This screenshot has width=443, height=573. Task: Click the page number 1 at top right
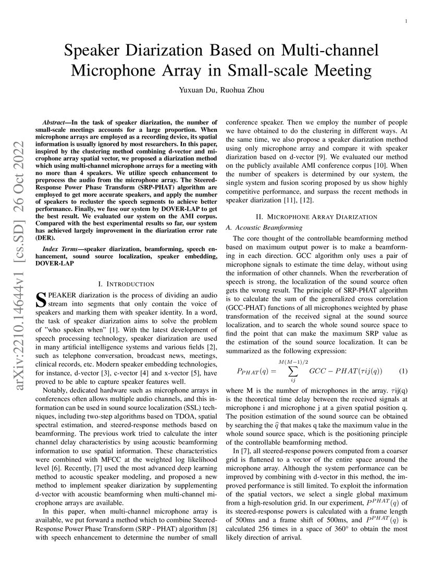(x=405, y=21)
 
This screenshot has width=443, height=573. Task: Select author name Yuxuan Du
(x=199, y=90)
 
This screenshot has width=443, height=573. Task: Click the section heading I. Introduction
(x=126, y=284)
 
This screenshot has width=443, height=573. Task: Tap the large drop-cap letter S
(x=41, y=300)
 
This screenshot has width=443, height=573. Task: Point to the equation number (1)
(x=403, y=371)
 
